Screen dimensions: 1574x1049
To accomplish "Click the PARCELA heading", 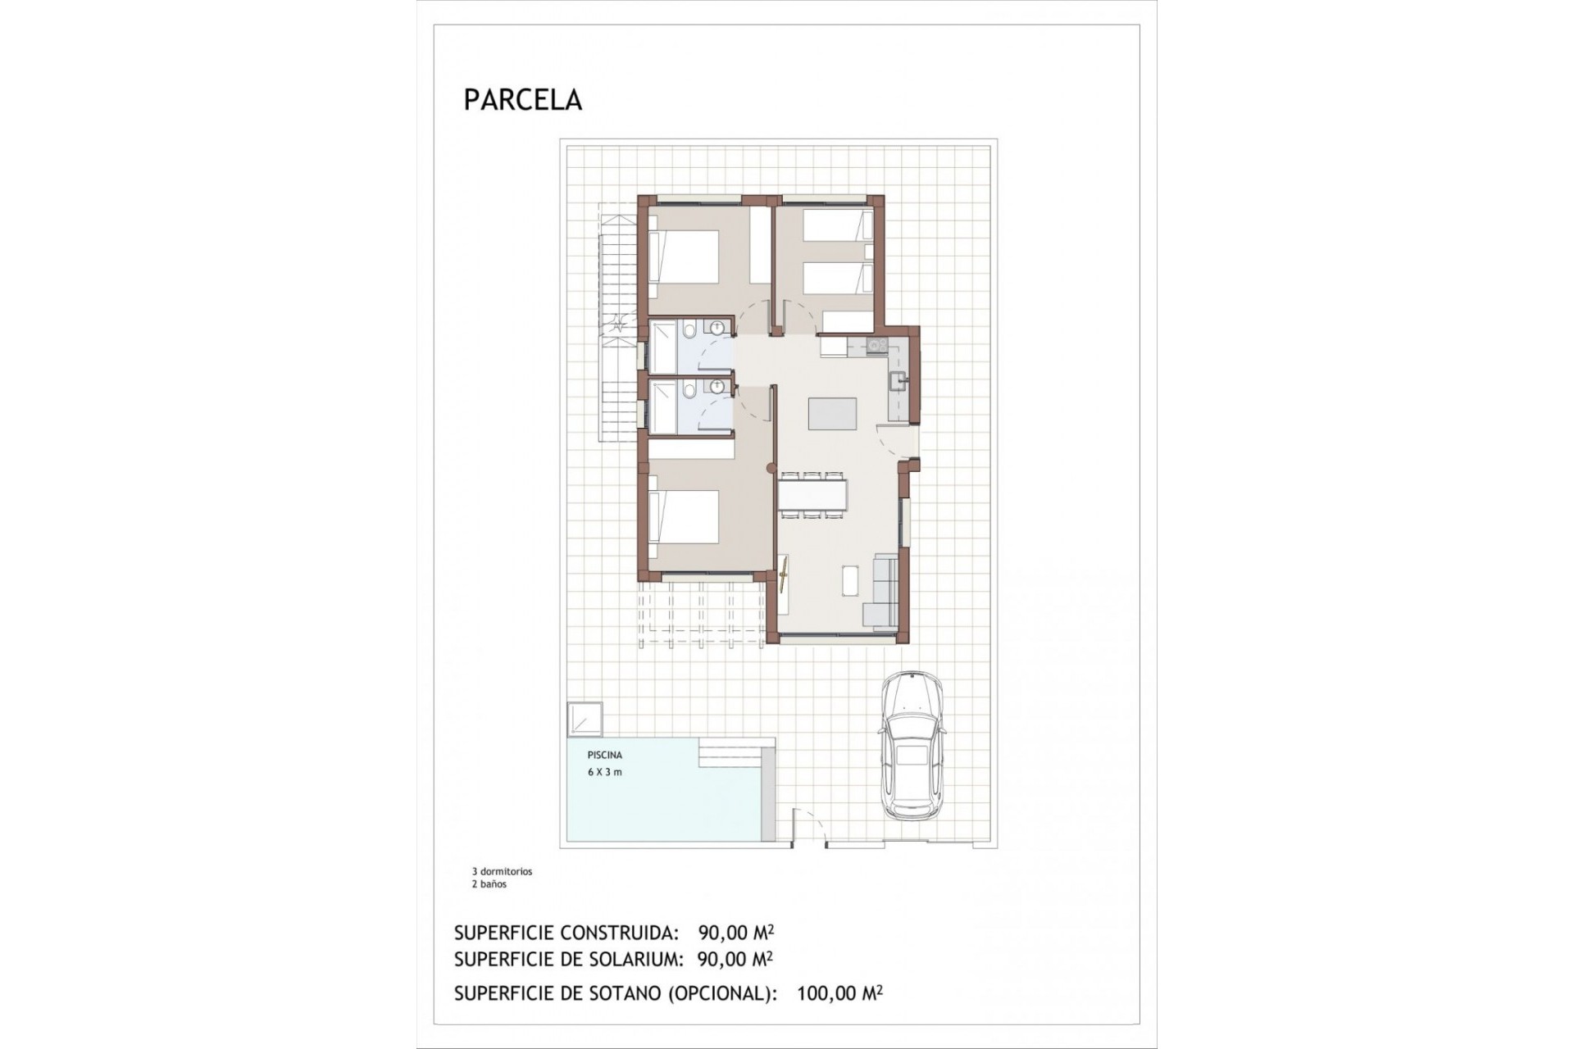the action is click(522, 100).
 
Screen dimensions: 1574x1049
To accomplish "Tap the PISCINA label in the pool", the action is click(604, 755).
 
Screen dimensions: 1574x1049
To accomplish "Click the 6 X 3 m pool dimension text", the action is click(604, 772).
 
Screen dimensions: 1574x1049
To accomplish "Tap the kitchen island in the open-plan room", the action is click(832, 413).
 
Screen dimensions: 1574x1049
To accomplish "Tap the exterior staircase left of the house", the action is click(617, 328).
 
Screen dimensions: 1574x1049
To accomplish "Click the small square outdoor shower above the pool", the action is click(584, 720).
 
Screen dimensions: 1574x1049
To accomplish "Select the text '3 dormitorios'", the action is click(502, 872).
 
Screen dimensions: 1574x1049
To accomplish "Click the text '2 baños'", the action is click(489, 884).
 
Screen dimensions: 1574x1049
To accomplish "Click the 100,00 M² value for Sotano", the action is click(839, 994).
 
